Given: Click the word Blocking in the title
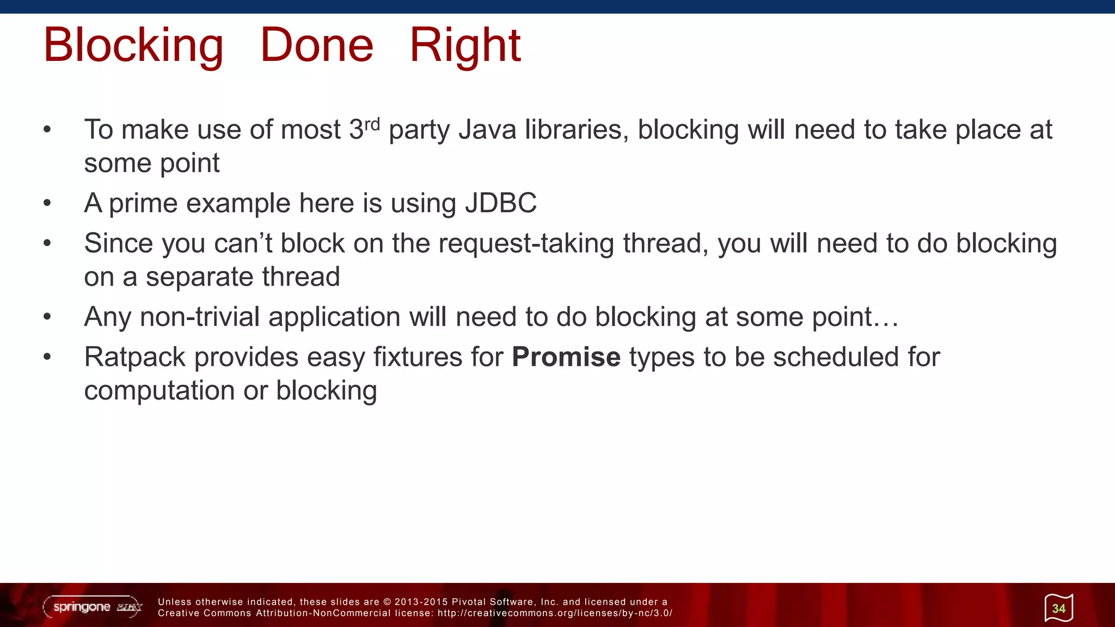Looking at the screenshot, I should point(133,46).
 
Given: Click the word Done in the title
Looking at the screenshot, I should point(317,46).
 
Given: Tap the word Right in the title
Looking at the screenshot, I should point(465,46).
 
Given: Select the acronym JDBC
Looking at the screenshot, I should point(500,204).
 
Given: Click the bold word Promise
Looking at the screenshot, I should point(566,358).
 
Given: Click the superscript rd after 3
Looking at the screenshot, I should point(372,124).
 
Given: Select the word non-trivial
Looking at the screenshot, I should point(199,317).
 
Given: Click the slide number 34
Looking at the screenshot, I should point(1058,608).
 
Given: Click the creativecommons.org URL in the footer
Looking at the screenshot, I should point(555,613).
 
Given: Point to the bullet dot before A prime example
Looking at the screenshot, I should point(47,204).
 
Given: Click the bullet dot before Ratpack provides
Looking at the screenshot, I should point(47,358).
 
